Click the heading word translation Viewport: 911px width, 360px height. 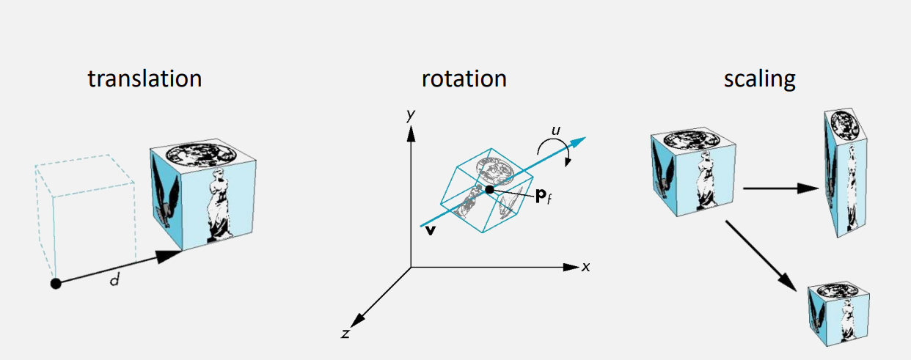(x=144, y=78)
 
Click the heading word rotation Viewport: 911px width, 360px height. (x=464, y=78)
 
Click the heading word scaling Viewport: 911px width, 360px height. (x=759, y=78)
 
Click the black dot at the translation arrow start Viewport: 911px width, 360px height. (x=55, y=284)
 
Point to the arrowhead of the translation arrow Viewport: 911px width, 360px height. (x=171, y=256)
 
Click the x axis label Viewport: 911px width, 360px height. (x=585, y=267)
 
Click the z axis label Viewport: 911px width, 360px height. (x=345, y=334)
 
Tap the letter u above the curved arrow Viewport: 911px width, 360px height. (x=557, y=130)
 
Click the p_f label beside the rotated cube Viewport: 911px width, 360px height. (x=544, y=199)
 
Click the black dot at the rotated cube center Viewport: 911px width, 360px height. (x=489, y=191)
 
